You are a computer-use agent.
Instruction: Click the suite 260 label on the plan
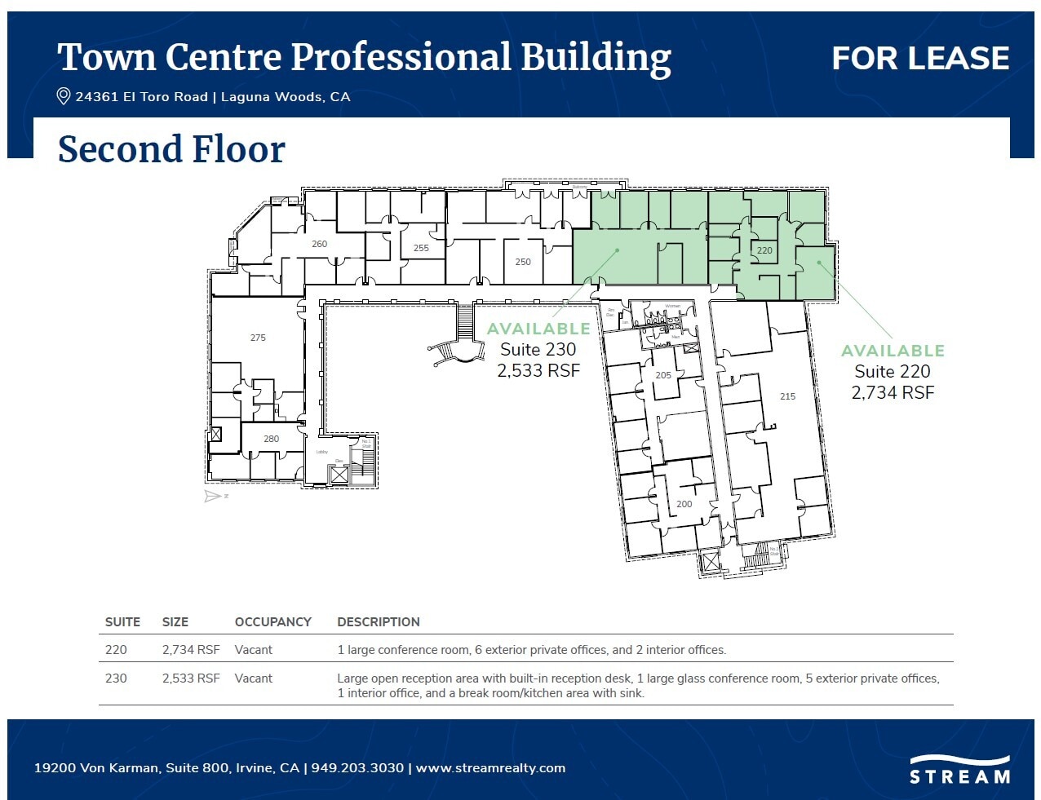click(x=319, y=244)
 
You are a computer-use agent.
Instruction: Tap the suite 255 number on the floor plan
click(x=421, y=248)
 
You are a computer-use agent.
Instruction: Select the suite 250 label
click(x=523, y=262)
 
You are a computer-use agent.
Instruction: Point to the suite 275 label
click(x=258, y=338)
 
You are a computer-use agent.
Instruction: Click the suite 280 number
click(x=271, y=439)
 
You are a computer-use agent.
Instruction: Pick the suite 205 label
click(x=663, y=376)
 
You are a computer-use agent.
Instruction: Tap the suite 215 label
click(x=787, y=396)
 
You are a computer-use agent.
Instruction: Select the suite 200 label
click(x=684, y=504)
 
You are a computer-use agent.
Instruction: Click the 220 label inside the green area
click(x=764, y=251)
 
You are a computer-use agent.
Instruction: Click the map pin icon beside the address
click(x=63, y=96)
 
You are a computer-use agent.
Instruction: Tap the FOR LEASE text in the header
click(x=920, y=58)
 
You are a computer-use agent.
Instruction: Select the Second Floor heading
click(x=171, y=149)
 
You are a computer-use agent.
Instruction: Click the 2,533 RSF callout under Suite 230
click(x=538, y=371)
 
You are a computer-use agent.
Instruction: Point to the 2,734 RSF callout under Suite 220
click(x=893, y=393)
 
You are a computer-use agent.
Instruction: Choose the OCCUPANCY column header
click(x=272, y=622)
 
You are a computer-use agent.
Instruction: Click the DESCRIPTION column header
click(x=378, y=622)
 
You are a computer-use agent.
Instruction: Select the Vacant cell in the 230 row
click(x=253, y=678)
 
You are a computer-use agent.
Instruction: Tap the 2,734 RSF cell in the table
click(x=191, y=650)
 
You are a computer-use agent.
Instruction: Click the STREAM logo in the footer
click(x=959, y=771)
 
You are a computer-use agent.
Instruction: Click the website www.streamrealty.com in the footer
click(x=490, y=768)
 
